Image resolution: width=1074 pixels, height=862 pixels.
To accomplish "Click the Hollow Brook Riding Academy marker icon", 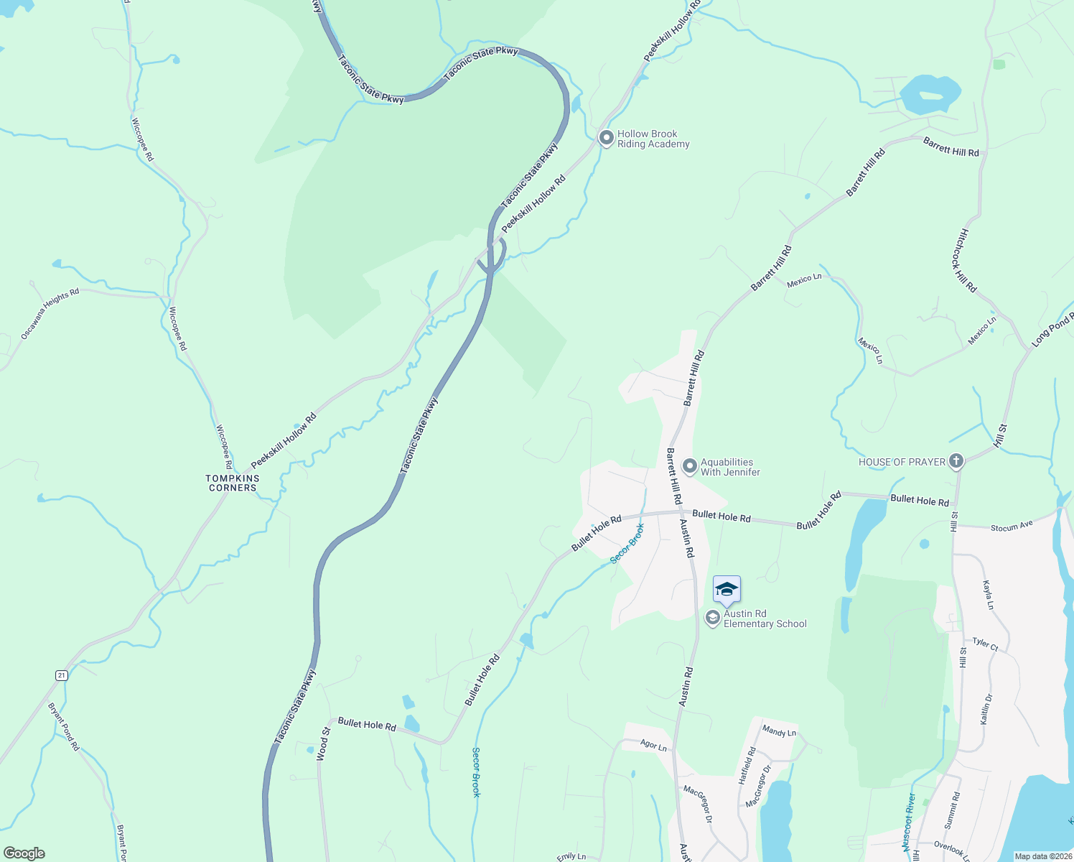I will point(606,136).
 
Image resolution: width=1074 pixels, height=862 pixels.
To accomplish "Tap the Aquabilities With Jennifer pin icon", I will point(689,467).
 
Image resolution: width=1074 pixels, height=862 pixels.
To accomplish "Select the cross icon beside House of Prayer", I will point(956,461).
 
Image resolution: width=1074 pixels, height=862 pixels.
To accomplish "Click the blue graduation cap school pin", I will point(727,590).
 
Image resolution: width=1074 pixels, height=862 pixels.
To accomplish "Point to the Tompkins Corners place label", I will point(233,483).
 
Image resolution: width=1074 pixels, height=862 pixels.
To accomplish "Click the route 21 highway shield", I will point(62,675).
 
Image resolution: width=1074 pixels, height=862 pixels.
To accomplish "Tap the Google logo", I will point(24,853).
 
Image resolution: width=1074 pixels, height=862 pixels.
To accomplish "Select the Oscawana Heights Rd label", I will point(50,314).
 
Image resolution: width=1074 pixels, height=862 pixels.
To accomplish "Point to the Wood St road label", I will point(324,743).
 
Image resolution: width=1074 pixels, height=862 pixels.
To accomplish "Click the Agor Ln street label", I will point(653,746).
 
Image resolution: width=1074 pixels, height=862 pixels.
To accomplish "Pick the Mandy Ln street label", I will point(779,731).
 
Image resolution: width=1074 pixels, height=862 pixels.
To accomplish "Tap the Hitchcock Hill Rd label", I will point(967,260).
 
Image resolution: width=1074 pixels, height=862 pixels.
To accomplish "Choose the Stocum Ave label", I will point(1012,527).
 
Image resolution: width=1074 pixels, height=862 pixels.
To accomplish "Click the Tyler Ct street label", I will point(985,644).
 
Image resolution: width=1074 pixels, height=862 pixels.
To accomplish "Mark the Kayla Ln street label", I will point(989,595).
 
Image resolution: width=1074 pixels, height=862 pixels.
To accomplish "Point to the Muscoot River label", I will point(909,821).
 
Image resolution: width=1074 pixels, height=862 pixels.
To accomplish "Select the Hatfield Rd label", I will point(747,765).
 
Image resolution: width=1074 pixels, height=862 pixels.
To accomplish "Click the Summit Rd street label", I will point(951,811).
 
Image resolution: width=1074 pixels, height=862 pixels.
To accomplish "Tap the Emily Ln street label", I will point(571,856).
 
